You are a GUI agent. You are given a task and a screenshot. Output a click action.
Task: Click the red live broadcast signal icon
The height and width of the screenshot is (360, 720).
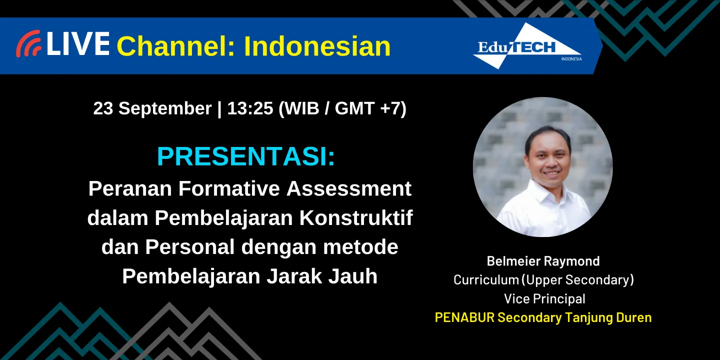pos(28,44)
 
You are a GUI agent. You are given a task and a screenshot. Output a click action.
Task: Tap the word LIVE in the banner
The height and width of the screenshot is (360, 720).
pos(78,44)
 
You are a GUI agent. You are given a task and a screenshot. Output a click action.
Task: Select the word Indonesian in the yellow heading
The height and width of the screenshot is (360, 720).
pos(317,46)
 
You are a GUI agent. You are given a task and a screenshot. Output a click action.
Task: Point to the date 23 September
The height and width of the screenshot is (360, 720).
pos(152,108)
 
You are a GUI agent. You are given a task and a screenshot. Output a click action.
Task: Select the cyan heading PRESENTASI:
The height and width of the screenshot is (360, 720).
pos(246,157)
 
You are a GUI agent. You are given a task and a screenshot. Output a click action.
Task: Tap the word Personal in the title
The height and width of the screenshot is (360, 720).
pos(190,247)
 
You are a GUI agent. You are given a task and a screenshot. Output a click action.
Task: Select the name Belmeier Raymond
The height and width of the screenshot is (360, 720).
pos(543,261)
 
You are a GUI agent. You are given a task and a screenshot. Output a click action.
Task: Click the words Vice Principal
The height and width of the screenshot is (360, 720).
pos(544,299)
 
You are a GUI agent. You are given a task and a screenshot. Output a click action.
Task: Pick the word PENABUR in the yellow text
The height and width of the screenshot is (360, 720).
pos(464,317)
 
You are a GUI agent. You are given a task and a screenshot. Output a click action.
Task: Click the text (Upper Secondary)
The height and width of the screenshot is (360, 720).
pos(577,280)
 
